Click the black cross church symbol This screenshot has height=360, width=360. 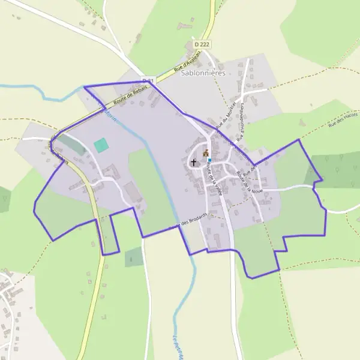tap(194, 162)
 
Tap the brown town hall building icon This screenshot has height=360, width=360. tap(206, 154)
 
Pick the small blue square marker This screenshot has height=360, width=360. tap(209, 160)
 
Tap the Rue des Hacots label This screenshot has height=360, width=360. tap(343, 120)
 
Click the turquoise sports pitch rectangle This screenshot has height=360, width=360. tap(101, 145)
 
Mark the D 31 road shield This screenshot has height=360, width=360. tap(148, 80)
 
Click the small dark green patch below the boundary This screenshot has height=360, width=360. tap(134, 257)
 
